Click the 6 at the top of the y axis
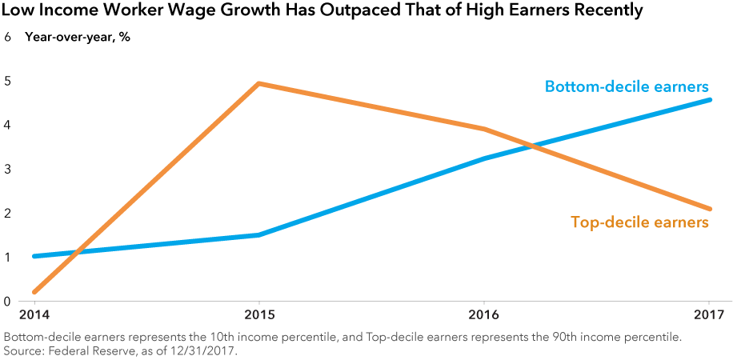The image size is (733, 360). point(7,37)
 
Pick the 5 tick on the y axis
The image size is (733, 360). point(7,81)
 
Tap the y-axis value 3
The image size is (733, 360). point(7,170)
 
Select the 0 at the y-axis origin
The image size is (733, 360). point(7,302)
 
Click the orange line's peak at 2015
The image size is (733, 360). point(258,83)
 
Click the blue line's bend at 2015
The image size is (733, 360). point(258,235)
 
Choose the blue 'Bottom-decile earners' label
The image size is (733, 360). point(627,86)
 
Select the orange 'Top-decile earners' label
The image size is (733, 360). point(639,222)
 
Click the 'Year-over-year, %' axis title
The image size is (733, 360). point(78,37)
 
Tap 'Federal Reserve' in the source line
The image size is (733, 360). point(87,351)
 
